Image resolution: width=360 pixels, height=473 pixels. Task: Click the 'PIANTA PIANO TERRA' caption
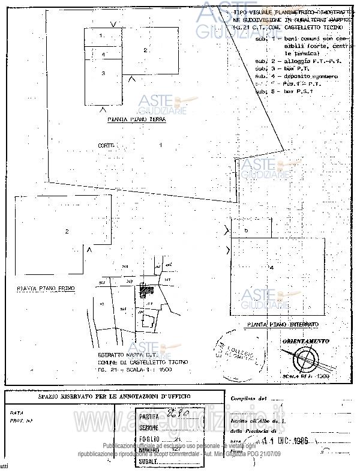[136, 119]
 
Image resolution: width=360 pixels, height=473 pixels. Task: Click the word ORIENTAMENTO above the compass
[305, 341]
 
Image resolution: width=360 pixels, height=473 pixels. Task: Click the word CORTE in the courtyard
[106, 145]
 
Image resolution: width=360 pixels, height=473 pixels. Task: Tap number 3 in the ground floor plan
[103, 73]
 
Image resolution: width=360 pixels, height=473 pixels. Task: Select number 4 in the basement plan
[271, 267]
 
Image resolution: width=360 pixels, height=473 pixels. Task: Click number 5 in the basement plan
[246, 230]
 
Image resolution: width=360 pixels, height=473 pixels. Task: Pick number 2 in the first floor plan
[67, 231]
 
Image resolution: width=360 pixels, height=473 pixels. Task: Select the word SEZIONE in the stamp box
[149, 427]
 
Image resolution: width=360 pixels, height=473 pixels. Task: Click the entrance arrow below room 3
[103, 108]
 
